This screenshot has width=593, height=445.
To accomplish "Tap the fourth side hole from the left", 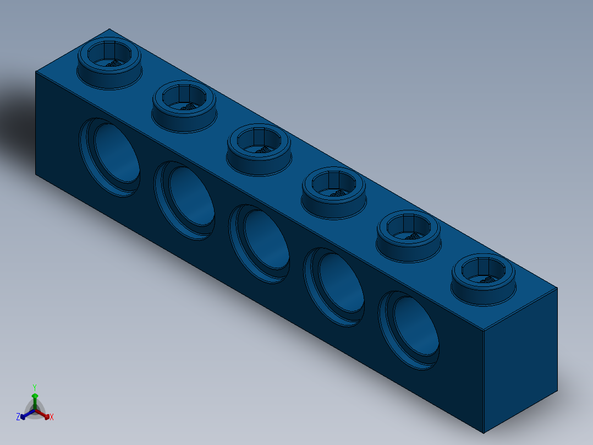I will [335, 287].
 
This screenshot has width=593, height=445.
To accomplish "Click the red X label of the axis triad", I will [52, 417].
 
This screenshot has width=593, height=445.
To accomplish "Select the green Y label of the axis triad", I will [35, 387].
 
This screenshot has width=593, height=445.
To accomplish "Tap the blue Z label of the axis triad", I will [18, 417].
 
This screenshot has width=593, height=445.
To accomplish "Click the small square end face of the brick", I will [520, 358].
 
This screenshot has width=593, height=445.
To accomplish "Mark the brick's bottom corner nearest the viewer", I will [484, 433].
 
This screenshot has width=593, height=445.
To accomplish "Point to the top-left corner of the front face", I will [36, 72].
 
